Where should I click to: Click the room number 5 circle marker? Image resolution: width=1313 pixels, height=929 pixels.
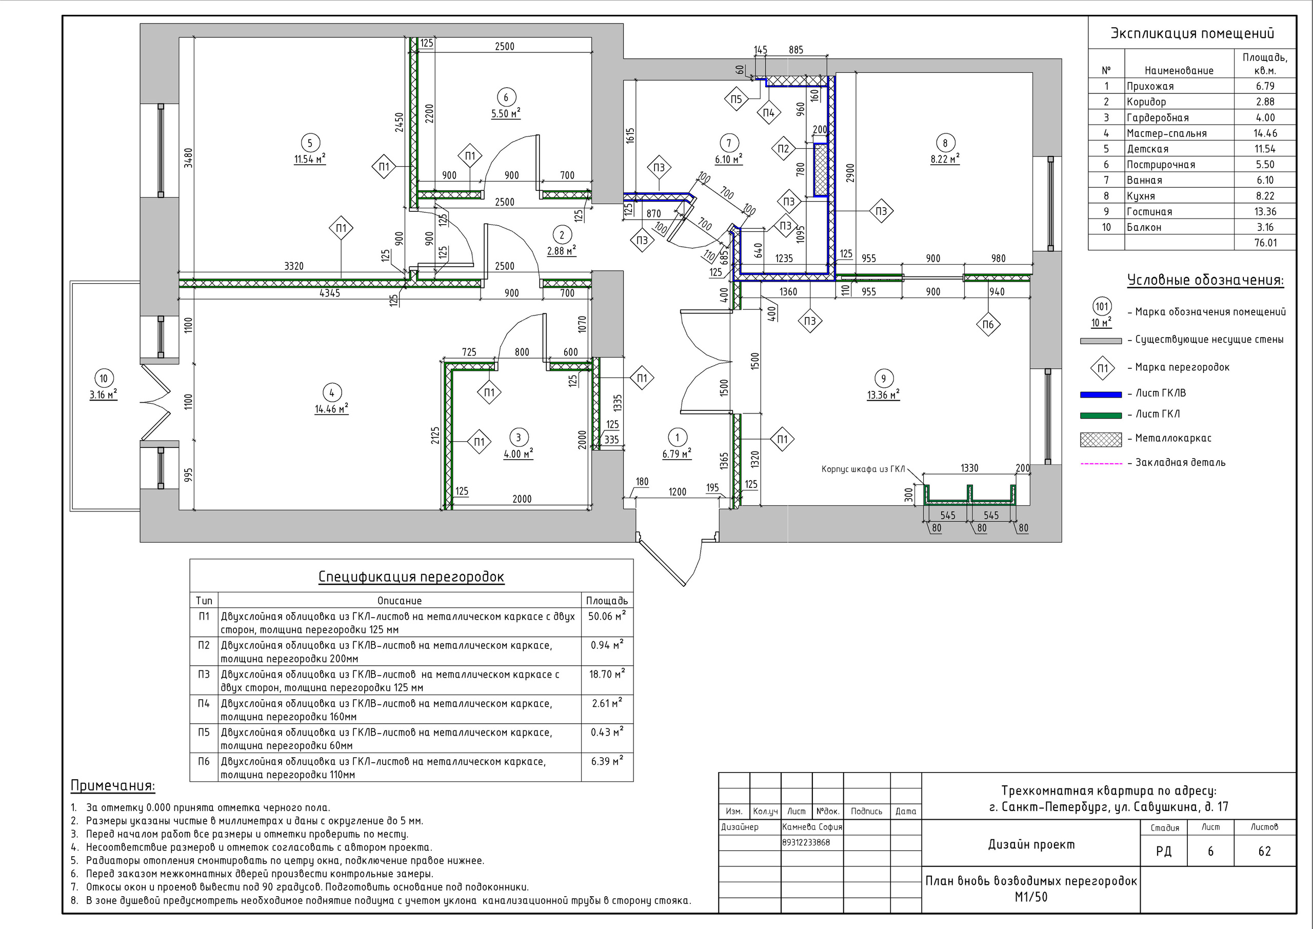point(310,143)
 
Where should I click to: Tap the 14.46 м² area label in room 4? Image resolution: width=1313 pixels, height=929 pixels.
point(332,409)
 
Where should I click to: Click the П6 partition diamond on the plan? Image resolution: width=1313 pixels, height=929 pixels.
point(988,325)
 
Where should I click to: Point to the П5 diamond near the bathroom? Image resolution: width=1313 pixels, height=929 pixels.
point(736,100)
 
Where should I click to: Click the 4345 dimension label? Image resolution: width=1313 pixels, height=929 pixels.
point(329,293)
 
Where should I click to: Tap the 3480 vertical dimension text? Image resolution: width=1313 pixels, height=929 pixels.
point(189,158)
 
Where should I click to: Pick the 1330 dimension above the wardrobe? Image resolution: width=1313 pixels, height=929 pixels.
point(969,468)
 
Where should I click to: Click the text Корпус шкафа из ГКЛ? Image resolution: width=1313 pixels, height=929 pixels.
point(864,469)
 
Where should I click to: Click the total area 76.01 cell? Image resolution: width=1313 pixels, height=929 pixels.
point(1265,243)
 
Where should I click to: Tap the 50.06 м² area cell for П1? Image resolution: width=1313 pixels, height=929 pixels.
point(607,616)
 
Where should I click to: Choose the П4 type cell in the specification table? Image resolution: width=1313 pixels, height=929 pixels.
point(204,703)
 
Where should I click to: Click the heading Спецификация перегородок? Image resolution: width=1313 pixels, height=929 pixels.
point(411,577)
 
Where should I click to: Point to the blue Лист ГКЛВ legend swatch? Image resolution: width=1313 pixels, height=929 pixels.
point(1101,394)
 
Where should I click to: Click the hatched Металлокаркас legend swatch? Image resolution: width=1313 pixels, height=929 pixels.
point(1101,439)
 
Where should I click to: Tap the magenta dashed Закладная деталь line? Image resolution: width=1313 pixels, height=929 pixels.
point(1101,463)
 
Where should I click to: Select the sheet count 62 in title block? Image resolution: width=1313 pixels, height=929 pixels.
point(1264,851)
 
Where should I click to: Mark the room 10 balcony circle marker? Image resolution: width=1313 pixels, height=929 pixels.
point(104,378)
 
